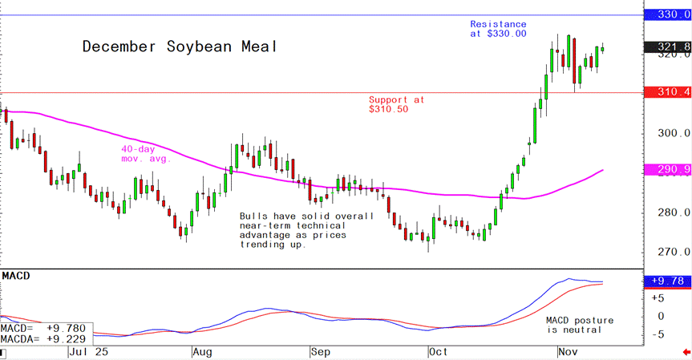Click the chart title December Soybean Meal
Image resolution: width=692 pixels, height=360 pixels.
180,47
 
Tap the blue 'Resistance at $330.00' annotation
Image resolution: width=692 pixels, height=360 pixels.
498,29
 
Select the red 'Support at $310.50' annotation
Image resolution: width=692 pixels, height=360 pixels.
396,104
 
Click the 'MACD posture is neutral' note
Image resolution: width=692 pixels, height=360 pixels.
573,324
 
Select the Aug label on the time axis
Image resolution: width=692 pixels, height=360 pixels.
202,352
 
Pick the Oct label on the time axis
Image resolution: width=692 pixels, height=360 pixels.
438,352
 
